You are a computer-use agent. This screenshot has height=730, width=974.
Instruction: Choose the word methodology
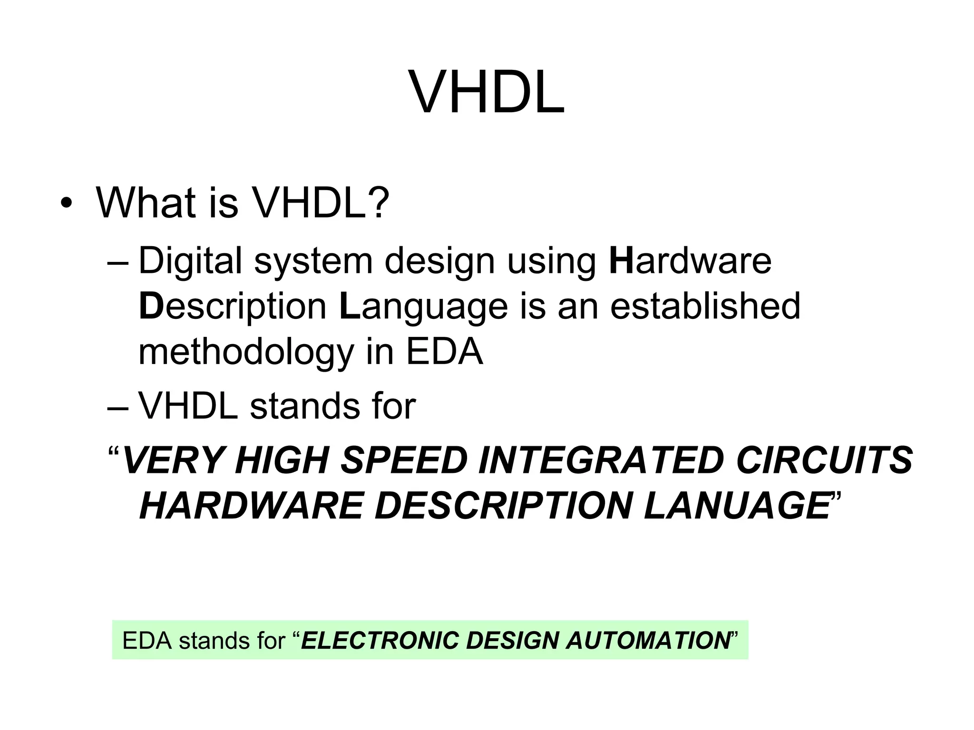[x=246, y=353]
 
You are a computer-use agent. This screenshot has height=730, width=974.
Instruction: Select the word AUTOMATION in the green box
[x=648, y=640]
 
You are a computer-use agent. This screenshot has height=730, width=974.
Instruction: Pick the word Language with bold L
[x=423, y=307]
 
